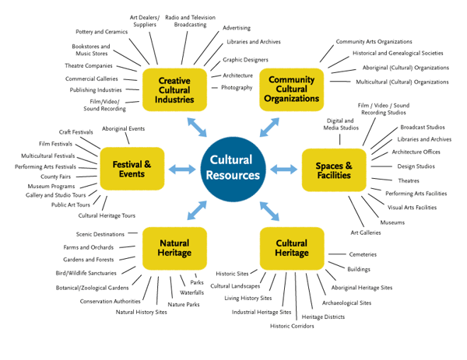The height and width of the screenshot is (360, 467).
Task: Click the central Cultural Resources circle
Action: coord(233,168)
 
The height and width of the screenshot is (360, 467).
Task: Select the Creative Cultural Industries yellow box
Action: coord(174,90)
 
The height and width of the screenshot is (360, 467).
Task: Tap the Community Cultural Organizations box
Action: coord(291,89)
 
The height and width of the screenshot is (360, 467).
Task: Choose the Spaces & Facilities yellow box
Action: coord(333,170)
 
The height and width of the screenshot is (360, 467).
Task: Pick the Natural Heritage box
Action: coord(174,248)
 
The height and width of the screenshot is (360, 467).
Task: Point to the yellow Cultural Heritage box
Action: coord(291,248)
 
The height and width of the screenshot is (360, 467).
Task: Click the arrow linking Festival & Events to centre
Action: coord(182,169)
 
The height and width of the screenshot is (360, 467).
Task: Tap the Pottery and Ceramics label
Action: coord(102,32)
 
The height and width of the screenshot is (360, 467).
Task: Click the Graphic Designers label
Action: coord(245,59)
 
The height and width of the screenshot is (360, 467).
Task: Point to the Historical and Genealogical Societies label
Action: coord(397,54)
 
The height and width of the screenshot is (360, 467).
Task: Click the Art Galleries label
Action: coord(366,232)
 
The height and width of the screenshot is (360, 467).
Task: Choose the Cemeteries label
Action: coord(363,254)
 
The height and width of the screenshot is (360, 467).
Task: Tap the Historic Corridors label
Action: coord(293,326)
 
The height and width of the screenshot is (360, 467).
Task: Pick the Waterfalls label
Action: coord(191,292)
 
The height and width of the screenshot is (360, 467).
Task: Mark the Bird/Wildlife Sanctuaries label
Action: coord(86,273)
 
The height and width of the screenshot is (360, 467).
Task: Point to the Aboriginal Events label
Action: coord(123,128)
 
